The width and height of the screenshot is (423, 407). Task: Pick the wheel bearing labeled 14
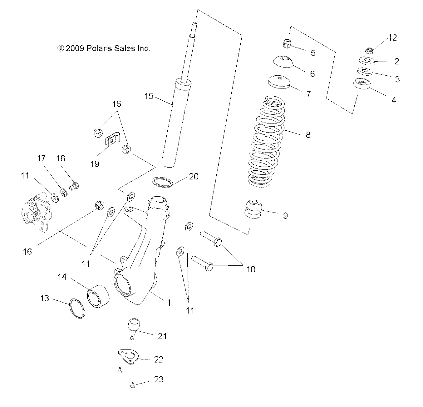(x=98, y=295)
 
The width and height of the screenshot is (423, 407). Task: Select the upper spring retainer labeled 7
(x=279, y=82)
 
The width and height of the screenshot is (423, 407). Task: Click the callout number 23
(x=159, y=379)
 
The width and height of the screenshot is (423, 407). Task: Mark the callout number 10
(x=251, y=269)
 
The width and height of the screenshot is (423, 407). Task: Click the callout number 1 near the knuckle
(x=169, y=303)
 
